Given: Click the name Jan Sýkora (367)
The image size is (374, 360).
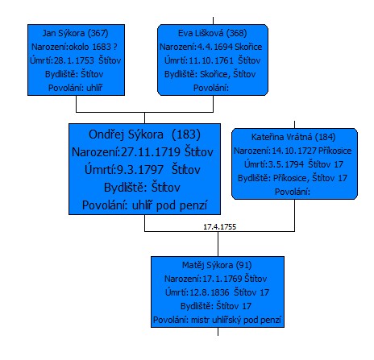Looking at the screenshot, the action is [75, 33].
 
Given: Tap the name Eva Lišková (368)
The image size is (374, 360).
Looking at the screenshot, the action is [213, 33].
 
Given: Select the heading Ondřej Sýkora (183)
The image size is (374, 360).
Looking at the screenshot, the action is [144, 134].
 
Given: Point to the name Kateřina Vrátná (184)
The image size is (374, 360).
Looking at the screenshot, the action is [293, 137].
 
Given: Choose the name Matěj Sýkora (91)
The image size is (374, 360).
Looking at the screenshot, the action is [217, 265].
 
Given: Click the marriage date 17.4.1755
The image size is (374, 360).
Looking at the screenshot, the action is [219, 227].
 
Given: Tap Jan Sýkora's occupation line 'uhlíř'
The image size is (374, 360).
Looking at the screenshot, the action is [75, 88].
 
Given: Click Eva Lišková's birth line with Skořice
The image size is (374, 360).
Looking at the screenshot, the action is [211, 47].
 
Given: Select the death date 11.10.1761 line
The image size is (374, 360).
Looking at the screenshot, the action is [213, 60].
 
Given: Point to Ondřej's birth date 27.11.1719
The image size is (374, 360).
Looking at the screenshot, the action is [143, 152].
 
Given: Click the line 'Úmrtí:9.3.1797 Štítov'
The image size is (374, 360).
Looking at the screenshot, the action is [143, 170].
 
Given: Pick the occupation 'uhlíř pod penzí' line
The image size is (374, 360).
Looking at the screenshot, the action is [144, 205].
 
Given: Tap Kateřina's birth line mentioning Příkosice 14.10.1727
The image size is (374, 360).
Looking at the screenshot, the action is [293, 151].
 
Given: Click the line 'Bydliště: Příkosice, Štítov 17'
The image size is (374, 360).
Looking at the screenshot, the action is [293, 178].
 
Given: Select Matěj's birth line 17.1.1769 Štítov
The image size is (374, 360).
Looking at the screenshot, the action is [215, 279].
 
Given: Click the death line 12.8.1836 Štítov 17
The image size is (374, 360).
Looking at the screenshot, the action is [217, 292].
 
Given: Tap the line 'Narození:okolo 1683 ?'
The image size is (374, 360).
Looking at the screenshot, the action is [74, 47].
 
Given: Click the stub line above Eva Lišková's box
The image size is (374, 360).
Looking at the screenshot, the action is [213, 21].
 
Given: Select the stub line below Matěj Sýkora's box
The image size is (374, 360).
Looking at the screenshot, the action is [218, 332].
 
